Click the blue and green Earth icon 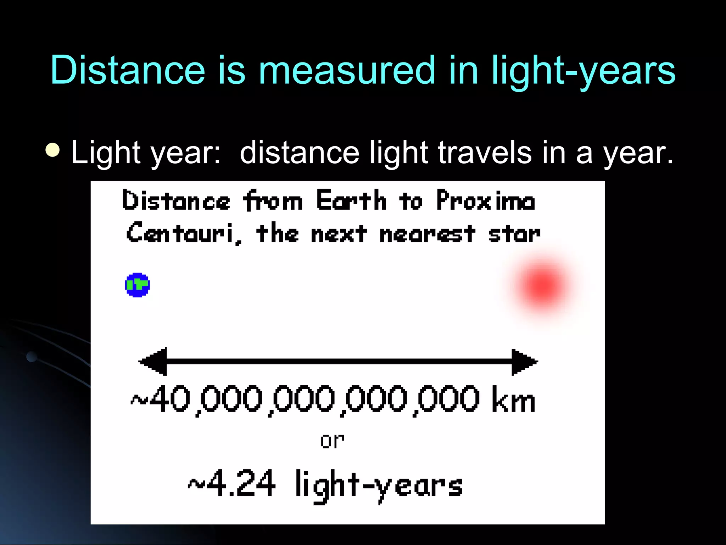pyautogui.click(x=138, y=285)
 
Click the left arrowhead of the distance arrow pyautogui.click(x=153, y=362)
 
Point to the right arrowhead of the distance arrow pyautogui.click(x=524, y=362)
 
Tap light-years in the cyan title pyautogui.click(x=583, y=71)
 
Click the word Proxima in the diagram pyautogui.click(x=486, y=201)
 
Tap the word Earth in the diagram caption pyautogui.click(x=351, y=201)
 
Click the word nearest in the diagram pyautogui.click(x=427, y=234)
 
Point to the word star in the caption pyautogui.click(x=514, y=234)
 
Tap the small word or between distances pyautogui.click(x=332, y=441)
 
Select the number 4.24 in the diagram pyautogui.click(x=241, y=483)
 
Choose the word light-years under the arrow pyautogui.click(x=379, y=485)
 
